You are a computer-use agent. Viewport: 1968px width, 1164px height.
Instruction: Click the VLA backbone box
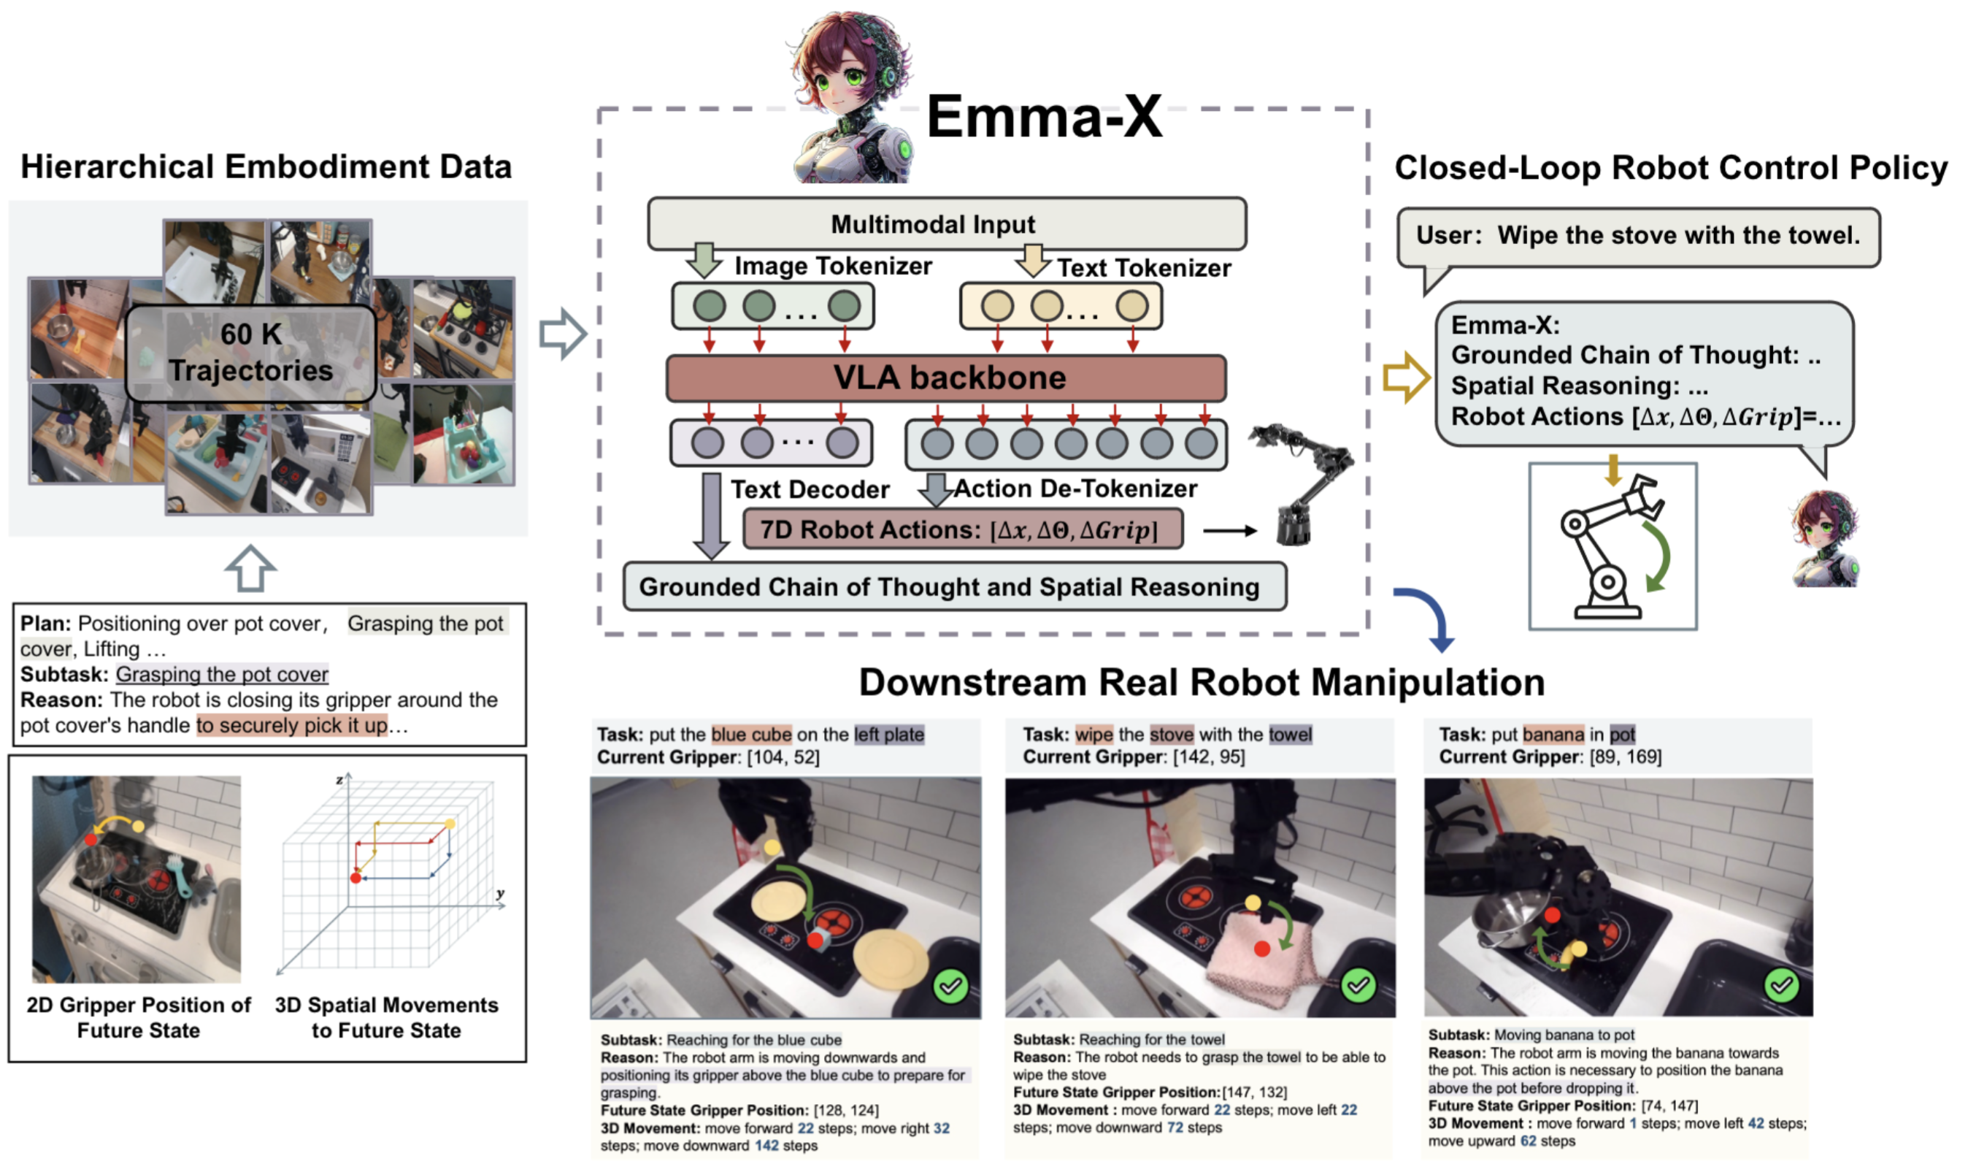coord(945,378)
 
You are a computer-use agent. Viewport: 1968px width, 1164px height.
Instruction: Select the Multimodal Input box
coord(945,224)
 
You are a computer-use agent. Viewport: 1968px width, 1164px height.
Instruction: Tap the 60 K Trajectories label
coord(251,352)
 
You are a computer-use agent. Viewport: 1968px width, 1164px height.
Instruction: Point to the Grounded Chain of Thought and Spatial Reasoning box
coord(953,586)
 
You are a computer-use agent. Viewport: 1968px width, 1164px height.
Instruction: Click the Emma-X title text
coord(1045,116)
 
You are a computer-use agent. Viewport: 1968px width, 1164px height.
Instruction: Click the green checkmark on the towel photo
coord(1358,985)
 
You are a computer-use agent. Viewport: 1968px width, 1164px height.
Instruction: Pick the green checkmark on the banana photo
coord(1781,984)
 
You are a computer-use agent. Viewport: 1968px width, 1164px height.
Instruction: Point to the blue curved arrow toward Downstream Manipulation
coord(1429,616)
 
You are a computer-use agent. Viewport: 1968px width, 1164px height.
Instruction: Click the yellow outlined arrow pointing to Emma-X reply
coord(1406,378)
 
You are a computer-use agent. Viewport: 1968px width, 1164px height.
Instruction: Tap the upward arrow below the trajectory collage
coord(250,569)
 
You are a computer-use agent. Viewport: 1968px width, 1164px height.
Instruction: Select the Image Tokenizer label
coord(833,266)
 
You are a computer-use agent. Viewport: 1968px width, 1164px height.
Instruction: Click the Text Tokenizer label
coord(1143,267)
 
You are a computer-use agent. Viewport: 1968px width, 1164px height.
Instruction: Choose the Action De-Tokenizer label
coord(1076,489)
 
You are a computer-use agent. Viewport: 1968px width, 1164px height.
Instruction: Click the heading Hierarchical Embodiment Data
coord(266,166)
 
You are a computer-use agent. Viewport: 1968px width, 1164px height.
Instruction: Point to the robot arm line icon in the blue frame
coord(1612,547)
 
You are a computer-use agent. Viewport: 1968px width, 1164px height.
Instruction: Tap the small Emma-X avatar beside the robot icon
coord(1824,539)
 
